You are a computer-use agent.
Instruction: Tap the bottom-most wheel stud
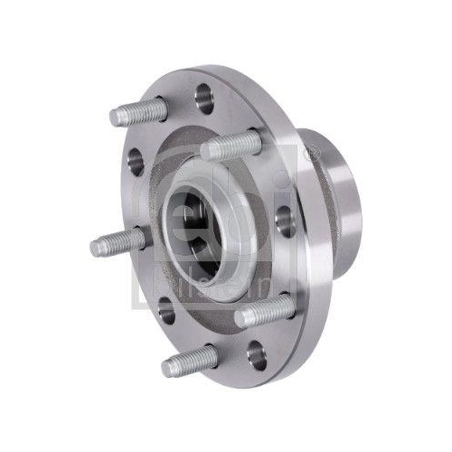click(191, 360)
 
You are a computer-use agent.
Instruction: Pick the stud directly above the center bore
click(231, 145)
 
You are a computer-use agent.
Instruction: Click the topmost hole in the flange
click(204, 95)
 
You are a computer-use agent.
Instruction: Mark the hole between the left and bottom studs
click(165, 312)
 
